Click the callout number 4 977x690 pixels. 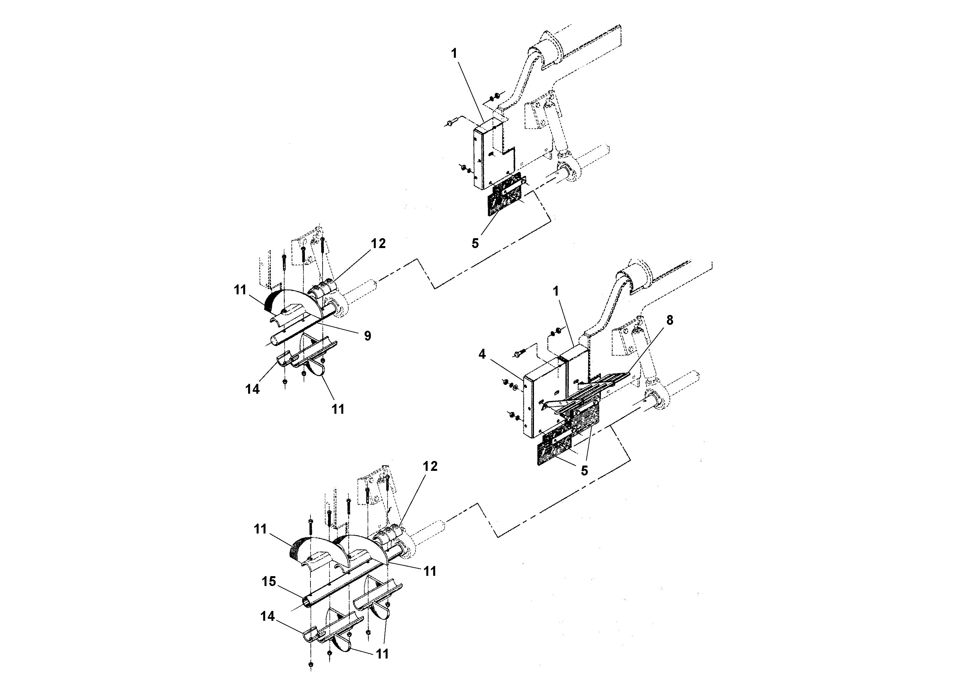coord(482,354)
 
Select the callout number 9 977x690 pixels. coord(368,336)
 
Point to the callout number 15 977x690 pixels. coord(269,581)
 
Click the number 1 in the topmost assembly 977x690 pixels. coord(454,53)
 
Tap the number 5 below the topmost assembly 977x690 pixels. coord(475,243)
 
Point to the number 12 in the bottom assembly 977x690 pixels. coord(430,466)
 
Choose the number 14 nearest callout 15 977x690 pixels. coord(268,617)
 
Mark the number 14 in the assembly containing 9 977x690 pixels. coord(252,389)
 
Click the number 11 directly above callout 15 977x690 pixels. coord(261,529)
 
